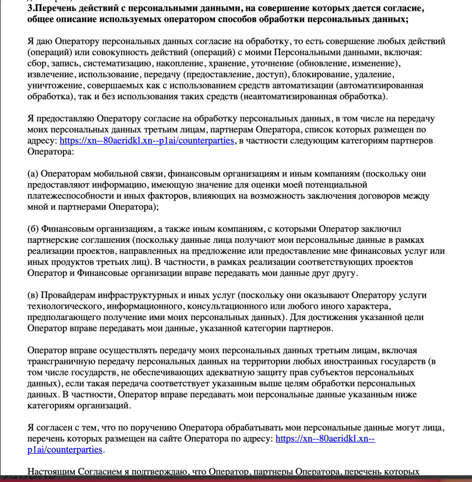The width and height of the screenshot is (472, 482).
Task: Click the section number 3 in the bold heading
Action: tap(30, 9)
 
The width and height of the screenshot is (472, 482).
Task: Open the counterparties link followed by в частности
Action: tap(147, 141)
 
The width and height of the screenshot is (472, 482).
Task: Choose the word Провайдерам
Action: tap(68, 296)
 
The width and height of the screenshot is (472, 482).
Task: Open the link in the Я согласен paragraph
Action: tap(324, 439)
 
